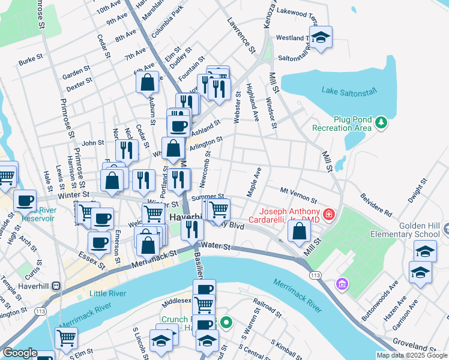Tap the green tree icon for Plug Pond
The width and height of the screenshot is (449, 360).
(x=381, y=123)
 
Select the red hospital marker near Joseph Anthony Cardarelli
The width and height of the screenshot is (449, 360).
(x=329, y=214)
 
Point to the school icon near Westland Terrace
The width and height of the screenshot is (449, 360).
(x=321, y=38)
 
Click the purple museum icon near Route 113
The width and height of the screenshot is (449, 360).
(x=342, y=283)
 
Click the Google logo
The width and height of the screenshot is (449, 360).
(x=20, y=353)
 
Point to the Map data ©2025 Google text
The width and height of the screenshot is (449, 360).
(x=411, y=355)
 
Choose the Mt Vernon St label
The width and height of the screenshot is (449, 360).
(x=298, y=194)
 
